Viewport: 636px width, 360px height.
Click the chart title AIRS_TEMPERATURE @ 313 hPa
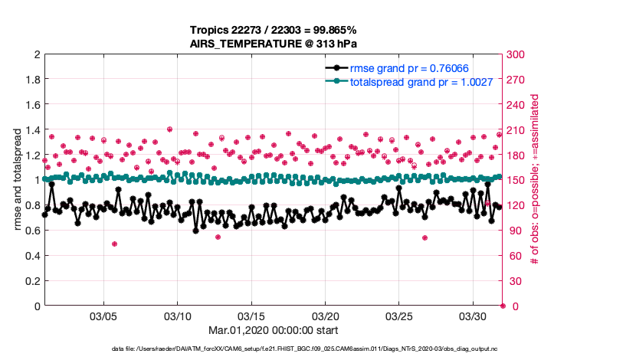274,44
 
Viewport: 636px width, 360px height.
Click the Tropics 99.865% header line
274,30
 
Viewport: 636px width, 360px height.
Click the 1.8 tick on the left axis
32,80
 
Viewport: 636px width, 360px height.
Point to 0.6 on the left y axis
32,231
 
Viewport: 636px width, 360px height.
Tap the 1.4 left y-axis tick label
32,130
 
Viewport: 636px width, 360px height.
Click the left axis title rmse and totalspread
16,180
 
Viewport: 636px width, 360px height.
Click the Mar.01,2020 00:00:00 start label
274,331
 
